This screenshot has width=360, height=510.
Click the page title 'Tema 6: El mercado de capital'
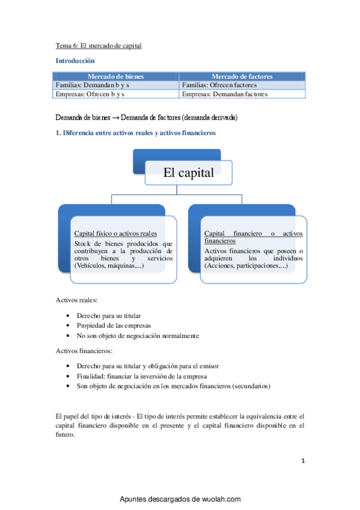tap(99, 45)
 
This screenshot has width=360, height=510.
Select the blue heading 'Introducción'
tap(75, 61)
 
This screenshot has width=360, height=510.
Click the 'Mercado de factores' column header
tap(242, 77)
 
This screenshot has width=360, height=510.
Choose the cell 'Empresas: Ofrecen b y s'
tap(90, 94)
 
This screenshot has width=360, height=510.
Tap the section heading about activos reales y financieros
tap(136, 133)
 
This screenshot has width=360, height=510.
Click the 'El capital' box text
tap(189, 173)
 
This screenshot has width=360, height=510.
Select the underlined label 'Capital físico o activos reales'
tap(115, 233)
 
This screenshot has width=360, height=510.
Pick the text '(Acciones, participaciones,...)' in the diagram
tap(246, 265)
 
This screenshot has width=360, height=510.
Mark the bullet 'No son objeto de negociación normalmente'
tap(137, 336)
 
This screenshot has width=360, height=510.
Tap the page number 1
tap(304, 461)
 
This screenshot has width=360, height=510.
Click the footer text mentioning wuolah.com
tap(180, 499)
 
